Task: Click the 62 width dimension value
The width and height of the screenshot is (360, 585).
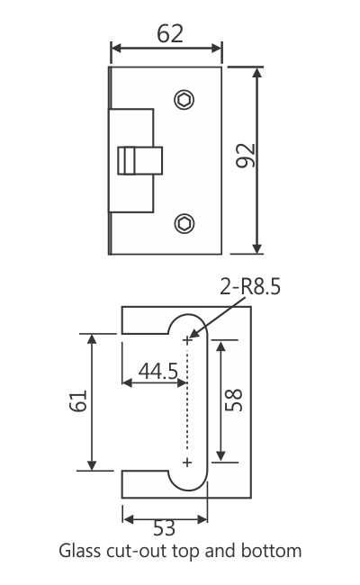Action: (x=170, y=33)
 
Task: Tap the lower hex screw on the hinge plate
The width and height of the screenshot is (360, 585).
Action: (x=184, y=222)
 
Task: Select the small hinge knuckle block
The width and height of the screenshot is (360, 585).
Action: (x=140, y=161)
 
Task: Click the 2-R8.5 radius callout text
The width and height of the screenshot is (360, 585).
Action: (x=251, y=288)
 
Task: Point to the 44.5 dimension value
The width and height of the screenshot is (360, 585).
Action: (x=157, y=371)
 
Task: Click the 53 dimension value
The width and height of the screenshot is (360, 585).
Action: (x=165, y=530)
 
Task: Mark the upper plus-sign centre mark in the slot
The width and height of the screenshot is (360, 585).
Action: (x=187, y=340)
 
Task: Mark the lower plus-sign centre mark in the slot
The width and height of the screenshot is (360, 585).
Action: (x=187, y=463)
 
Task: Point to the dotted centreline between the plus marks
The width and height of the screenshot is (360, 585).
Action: (x=187, y=401)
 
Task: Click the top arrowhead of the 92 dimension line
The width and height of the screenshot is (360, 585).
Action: (x=257, y=71)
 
